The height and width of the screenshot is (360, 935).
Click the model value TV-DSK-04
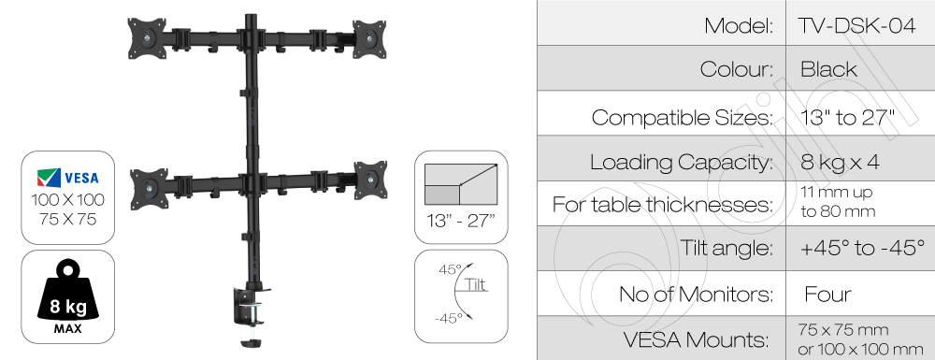[856, 25]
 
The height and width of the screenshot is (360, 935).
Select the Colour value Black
[828, 69]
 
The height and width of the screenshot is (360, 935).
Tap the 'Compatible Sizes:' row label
[683, 118]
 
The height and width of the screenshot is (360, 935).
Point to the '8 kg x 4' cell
[840, 162]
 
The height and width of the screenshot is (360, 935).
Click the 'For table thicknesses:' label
[663, 205]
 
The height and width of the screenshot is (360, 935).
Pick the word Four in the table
[827, 294]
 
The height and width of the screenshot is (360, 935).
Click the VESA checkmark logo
[49, 177]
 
